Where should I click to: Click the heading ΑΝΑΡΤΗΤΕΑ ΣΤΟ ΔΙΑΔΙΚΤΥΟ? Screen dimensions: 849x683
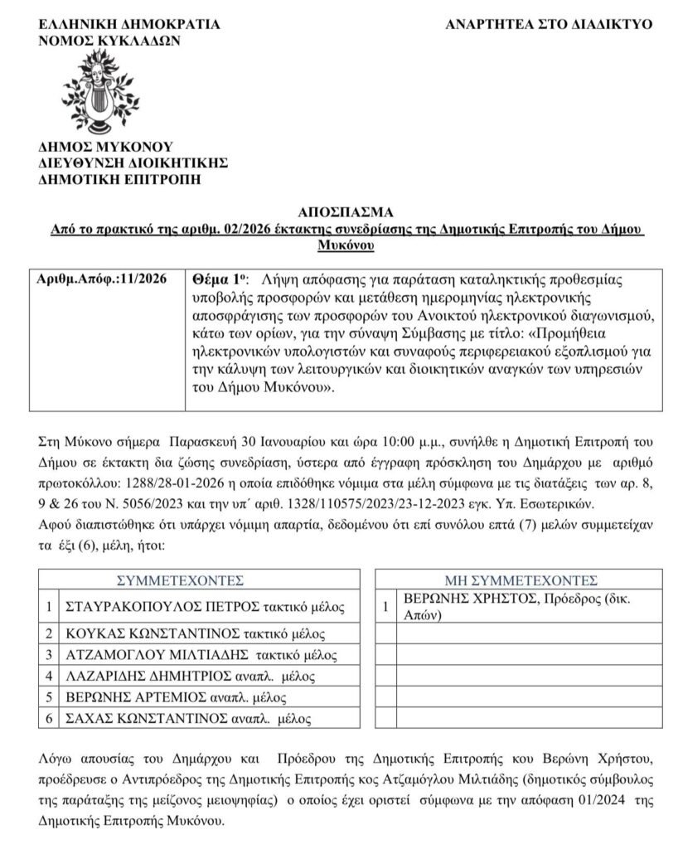pos(549,24)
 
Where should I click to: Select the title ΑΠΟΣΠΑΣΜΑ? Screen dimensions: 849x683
pos(341,211)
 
